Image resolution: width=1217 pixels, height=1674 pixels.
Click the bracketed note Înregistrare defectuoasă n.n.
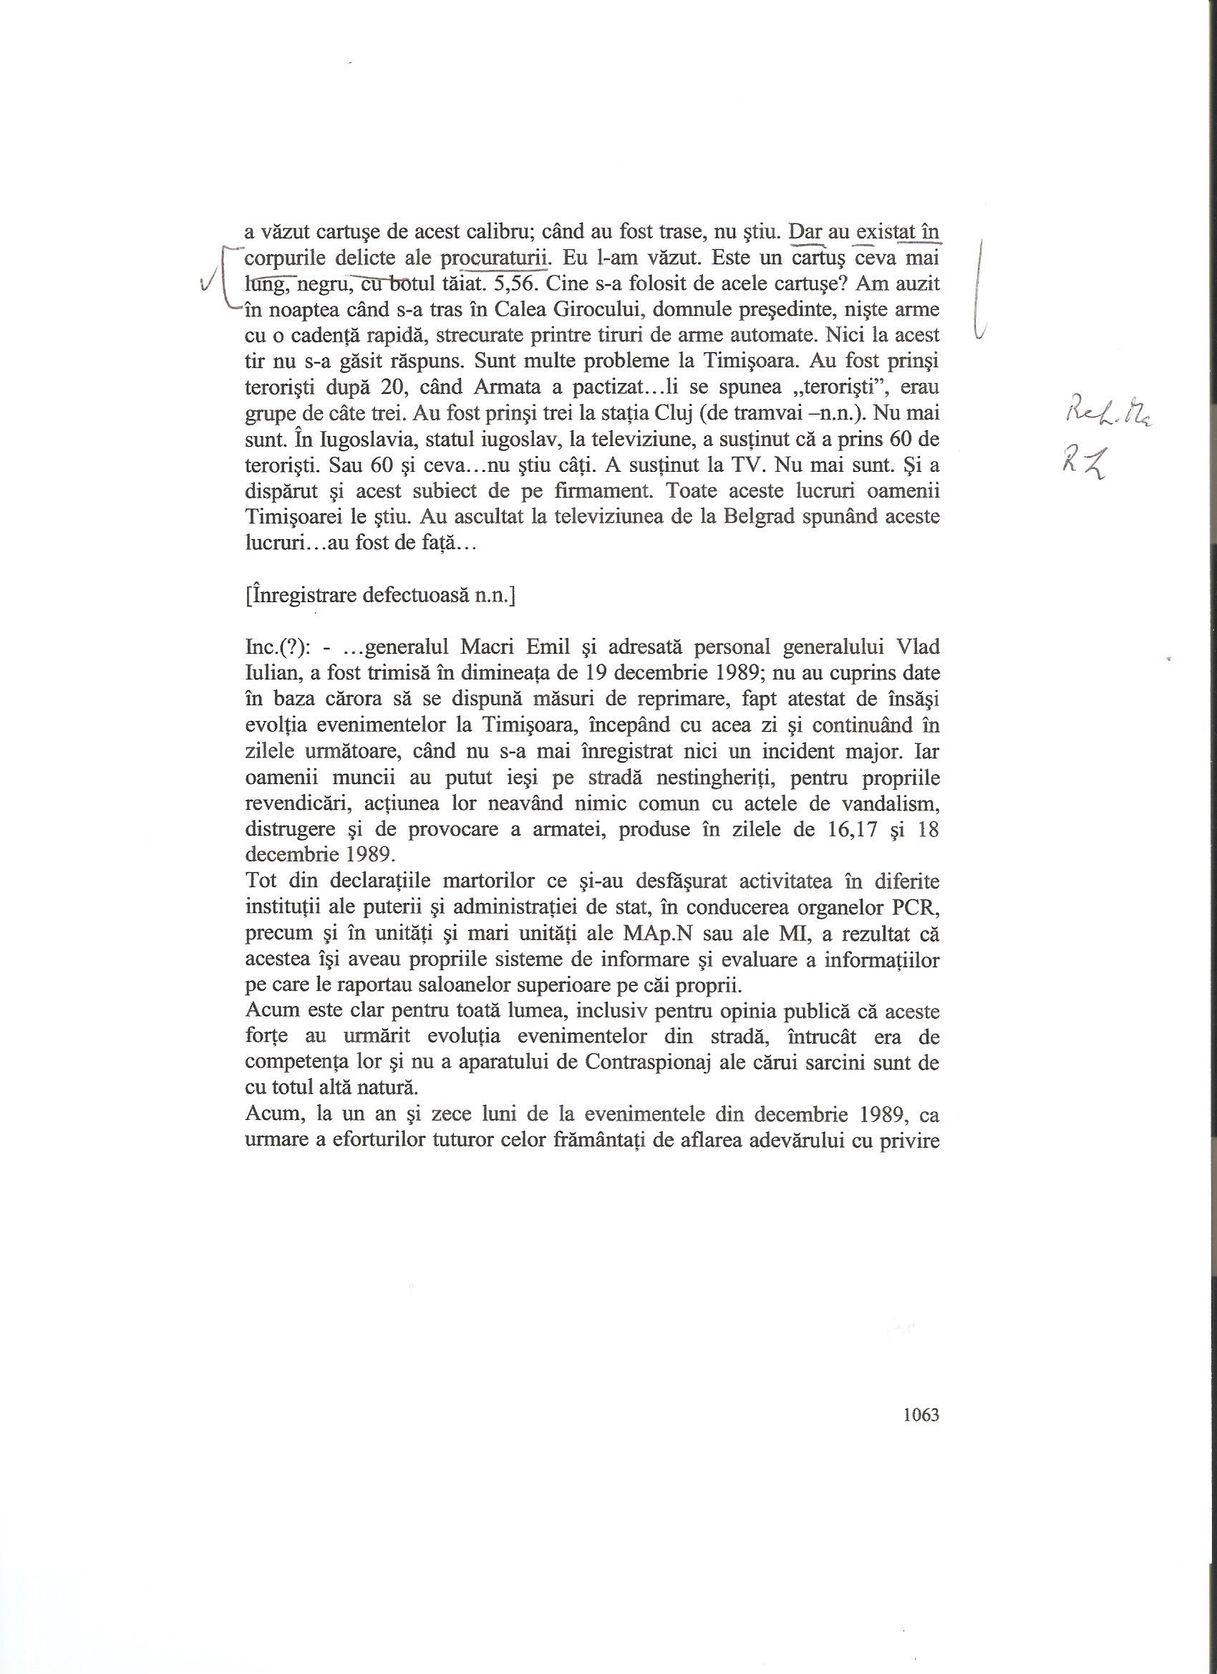(380, 596)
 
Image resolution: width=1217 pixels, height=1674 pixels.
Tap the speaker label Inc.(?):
(276, 647)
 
